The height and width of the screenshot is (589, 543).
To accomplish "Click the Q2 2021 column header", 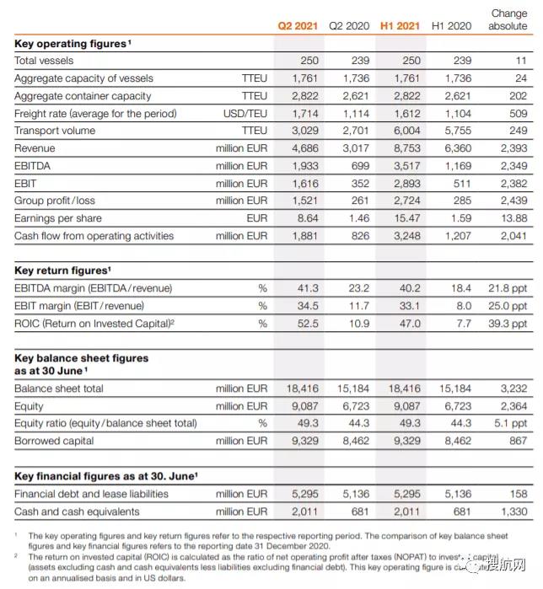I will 298,26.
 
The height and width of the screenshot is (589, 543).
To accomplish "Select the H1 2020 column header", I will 452,26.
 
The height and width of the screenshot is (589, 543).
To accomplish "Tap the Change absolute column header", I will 508,19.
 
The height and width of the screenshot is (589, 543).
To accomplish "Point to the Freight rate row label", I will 83,114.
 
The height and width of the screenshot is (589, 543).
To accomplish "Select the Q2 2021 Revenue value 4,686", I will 304,148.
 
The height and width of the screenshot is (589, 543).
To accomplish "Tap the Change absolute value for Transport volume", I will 518,131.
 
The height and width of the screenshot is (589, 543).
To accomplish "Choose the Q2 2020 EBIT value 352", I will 360,184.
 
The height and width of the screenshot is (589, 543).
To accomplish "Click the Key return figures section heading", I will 63,270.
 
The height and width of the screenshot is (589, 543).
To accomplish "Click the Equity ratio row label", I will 105,423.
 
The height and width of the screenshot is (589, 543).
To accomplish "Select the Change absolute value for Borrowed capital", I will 518,441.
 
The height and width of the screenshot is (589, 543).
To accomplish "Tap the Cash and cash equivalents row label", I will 77,511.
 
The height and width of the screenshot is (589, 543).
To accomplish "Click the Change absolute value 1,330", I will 513,511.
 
